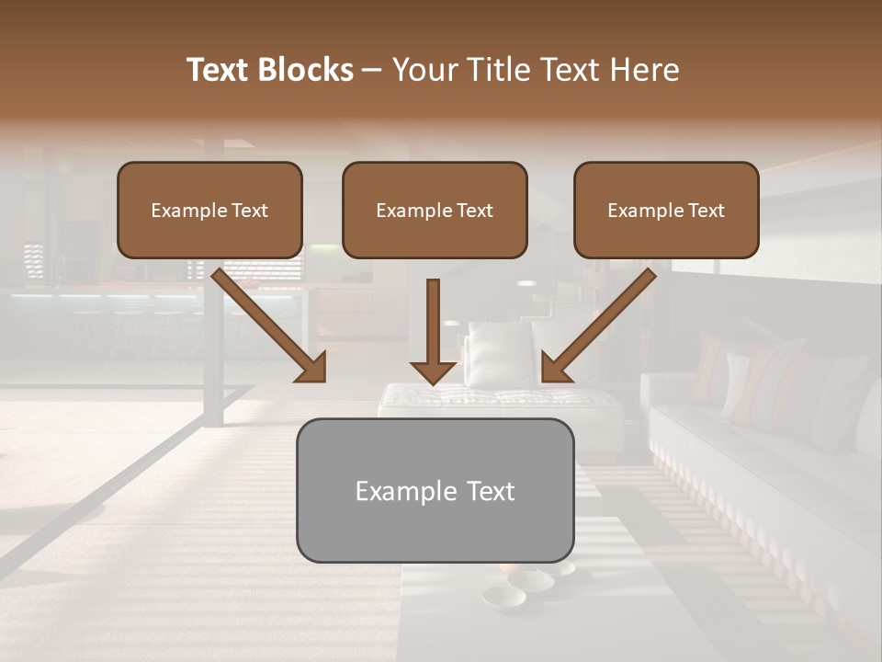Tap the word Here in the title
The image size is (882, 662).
[x=645, y=70]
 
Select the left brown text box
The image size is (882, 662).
[x=209, y=210]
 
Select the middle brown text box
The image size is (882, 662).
[x=435, y=210]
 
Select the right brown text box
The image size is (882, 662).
[x=666, y=210]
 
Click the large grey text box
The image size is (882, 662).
[x=435, y=490]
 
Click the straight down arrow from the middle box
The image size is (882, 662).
[x=433, y=331]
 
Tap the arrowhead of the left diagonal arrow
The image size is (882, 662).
[x=312, y=368]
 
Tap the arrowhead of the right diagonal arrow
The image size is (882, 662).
[x=555, y=368]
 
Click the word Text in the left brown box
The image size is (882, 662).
[x=250, y=211]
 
